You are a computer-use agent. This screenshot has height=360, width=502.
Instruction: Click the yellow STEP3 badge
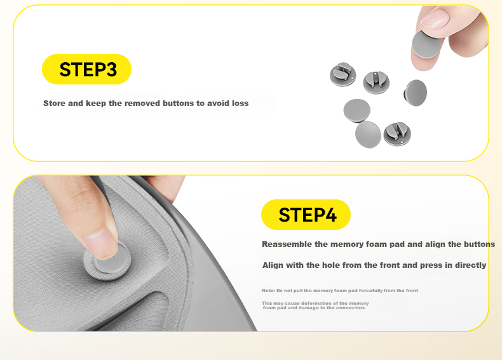[87, 69]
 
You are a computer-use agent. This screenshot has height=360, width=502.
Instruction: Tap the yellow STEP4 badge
[306, 215]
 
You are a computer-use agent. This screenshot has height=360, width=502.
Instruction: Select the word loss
[240, 103]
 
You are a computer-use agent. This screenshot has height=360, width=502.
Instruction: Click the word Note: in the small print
[268, 291]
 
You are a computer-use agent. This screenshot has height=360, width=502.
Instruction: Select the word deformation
[317, 303]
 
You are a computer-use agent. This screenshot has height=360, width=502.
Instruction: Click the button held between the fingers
[426, 45]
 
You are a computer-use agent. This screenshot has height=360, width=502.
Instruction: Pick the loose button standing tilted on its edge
[415, 93]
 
